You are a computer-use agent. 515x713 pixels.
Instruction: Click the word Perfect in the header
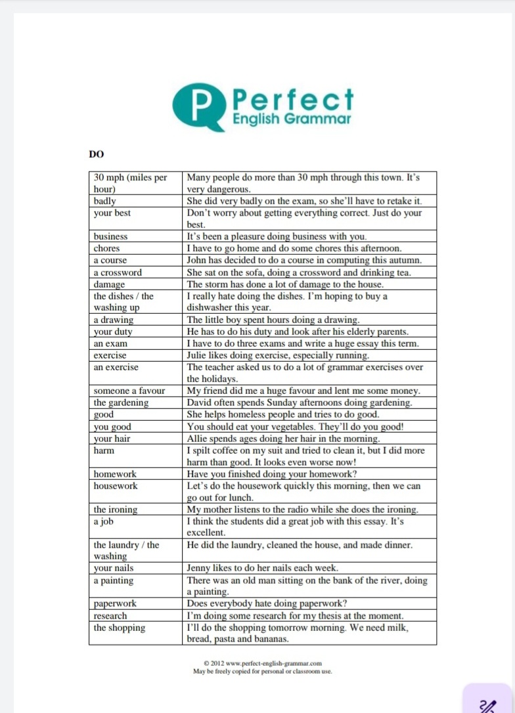pyautogui.click(x=293, y=100)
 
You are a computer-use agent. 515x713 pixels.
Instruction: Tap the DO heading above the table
pyautogui.click(x=97, y=154)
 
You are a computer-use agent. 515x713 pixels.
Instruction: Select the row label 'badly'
pyautogui.click(x=105, y=201)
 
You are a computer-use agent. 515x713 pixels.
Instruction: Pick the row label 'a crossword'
pyautogui.click(x=118, y=272)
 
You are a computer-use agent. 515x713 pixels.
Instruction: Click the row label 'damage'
pyautogui.click(x=109, y=284)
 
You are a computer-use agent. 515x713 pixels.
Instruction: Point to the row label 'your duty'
pyautogui.click(x=113, y=332)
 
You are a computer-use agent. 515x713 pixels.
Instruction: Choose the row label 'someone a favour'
pyautogui.click(x=129, y=391)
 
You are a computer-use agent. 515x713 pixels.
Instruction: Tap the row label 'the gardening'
pyautogui.click(x=121, y=402)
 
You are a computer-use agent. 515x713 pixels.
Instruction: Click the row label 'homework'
pyautogui.click(x=115, y=474)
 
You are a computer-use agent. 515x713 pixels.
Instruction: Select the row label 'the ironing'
pyautogui.click(x=116, y=509)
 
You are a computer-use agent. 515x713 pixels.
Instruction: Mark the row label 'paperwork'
pyautogui.click(x=115, y=603)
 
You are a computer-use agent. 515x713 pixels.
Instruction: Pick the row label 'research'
pyautogui.click(x=110, y=616)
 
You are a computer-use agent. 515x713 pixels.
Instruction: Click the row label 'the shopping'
pyautogui.click(x=120, y=628)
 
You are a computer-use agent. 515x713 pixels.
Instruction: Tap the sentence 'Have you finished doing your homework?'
pyautogui.click(x=272, y=474)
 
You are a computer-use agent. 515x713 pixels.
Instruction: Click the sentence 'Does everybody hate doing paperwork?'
pyautogui.click(x=267, y=603)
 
